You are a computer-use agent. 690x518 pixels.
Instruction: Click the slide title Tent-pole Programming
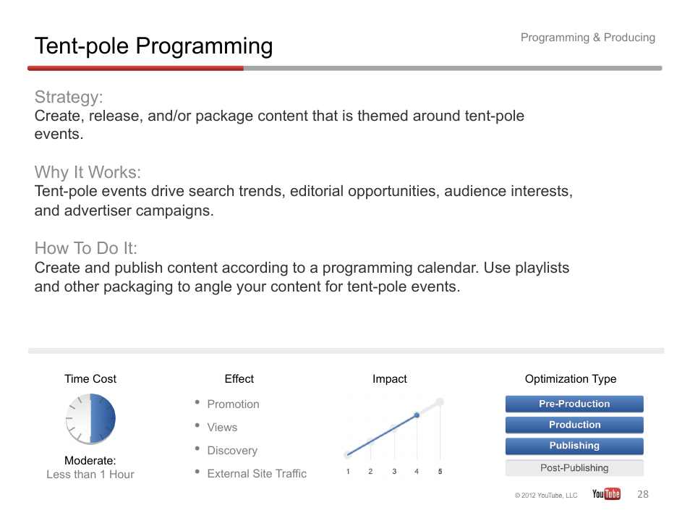pyautogui.click(x=153, y=46)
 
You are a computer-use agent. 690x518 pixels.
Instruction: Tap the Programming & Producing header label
pyautogui.click(x=588, y=38)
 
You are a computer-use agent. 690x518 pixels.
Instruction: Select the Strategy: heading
pyautogui.click(x=69, y=97)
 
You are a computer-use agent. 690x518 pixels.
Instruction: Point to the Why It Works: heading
pyautogui.click(x=88, y=172)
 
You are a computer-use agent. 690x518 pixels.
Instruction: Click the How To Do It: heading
pyautogui.click(x=86, y=248)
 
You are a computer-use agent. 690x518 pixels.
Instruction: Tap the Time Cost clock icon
pyautogui.click(x=90, y=419)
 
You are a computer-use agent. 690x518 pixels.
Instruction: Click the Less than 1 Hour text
pyautogui.click(x=90, y=475)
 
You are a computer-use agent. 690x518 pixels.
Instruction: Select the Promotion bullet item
pyautogui.click(x=233, y=404)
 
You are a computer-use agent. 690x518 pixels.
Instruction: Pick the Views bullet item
pyautogui.click(x=222, y=428)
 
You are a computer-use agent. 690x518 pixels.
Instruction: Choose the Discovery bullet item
pyautogui.click(x=232, y=451)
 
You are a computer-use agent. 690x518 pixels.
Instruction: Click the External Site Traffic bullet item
pyautogui.click(x=257, y=474)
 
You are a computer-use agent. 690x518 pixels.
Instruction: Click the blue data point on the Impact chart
pyautogui.click(x=417, y=415)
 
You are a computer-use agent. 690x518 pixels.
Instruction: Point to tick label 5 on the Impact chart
pyautogui.click(x=440, y=472)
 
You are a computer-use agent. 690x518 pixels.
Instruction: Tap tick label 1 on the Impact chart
pyautogui.click(x=348, y=472)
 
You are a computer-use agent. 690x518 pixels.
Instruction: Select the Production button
pyautogui.click(x=574, y=425)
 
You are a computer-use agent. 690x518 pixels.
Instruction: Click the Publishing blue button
pyautogui.click(x=574, y=446)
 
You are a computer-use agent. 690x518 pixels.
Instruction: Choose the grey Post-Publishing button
pyautogui.click(x=574, y=468)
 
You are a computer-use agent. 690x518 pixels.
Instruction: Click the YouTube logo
pyautogui.click(x=606, y=494)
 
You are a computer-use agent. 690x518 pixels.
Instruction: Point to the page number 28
pyautogui.click(x=643, y=494)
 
